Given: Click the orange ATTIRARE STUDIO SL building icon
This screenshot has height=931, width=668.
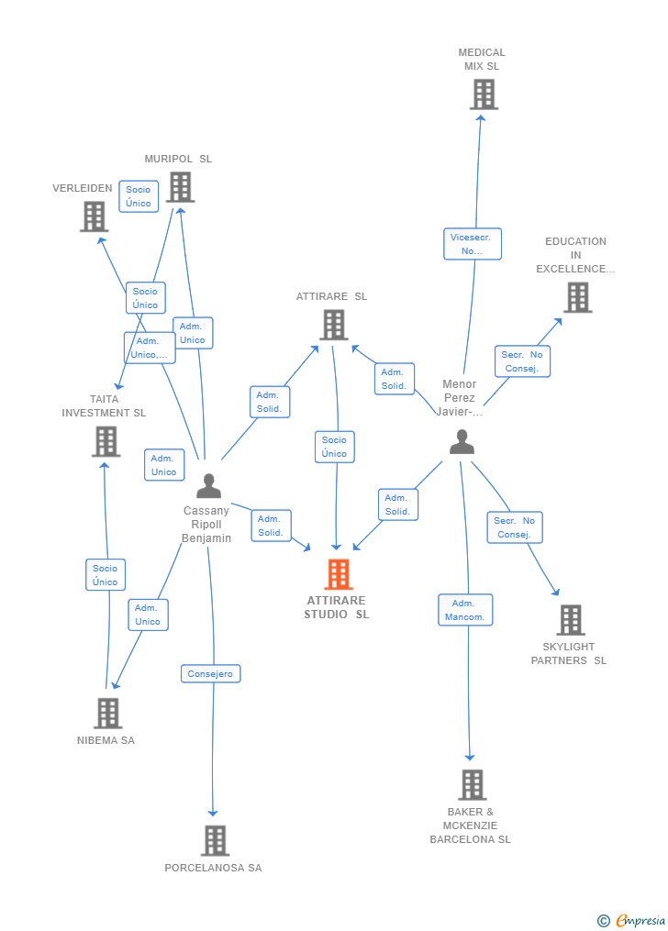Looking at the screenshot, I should [339, 574].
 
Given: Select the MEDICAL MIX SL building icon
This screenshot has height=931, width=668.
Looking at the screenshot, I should [484, 94].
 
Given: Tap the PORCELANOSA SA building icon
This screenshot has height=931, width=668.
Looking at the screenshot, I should [215, 840].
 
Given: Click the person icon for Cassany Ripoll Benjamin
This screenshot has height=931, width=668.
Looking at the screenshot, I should [209, 485].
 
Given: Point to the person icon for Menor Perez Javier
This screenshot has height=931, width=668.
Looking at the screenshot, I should [462, 442].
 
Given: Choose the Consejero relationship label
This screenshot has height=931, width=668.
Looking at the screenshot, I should [210, 673].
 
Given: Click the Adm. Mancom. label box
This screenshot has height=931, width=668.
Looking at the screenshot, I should [465, 610].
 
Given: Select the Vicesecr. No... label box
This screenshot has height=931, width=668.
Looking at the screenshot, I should [472, 244].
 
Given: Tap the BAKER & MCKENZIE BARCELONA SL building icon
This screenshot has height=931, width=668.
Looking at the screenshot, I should [472, 785].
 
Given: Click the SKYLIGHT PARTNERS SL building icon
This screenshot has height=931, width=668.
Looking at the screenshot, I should [570, 620].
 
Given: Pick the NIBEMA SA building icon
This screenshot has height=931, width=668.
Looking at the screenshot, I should [108, 713].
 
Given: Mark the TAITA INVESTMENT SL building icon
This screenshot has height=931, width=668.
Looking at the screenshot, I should [106, 441].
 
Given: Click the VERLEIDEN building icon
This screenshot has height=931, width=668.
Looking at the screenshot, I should [94, 216].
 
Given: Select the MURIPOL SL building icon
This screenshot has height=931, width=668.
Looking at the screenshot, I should [180, 187].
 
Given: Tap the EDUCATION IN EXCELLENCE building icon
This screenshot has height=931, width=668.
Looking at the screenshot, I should [577, 297].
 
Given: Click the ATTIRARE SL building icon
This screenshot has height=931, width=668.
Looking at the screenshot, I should [333, 325].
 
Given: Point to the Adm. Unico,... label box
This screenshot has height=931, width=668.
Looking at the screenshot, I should [150, 348].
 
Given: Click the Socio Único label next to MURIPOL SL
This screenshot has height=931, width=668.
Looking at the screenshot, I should [139, 196].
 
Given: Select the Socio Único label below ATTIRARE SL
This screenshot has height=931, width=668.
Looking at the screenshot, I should [334, 447].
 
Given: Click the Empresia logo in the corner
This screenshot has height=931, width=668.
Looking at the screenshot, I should [632, 920].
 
